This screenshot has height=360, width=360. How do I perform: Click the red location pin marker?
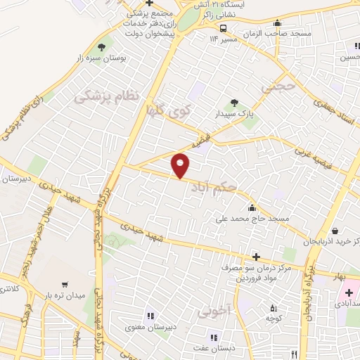(x=181, y=165)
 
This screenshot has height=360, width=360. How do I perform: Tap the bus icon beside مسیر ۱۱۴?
(x=222, y=29)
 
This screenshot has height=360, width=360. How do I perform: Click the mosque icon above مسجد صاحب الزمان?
(x=278, y=22)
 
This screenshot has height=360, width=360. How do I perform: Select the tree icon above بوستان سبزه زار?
(x=101, y=47)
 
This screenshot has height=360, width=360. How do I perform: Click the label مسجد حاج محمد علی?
(x=252, y=219)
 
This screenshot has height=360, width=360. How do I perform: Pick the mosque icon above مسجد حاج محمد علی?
(x=252, y=207)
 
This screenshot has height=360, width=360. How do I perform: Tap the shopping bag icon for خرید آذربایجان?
(x=335, y=231)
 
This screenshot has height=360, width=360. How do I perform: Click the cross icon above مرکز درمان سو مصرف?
(x=256, y=257)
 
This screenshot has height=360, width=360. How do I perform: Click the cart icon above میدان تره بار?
(x=65, y=285)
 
